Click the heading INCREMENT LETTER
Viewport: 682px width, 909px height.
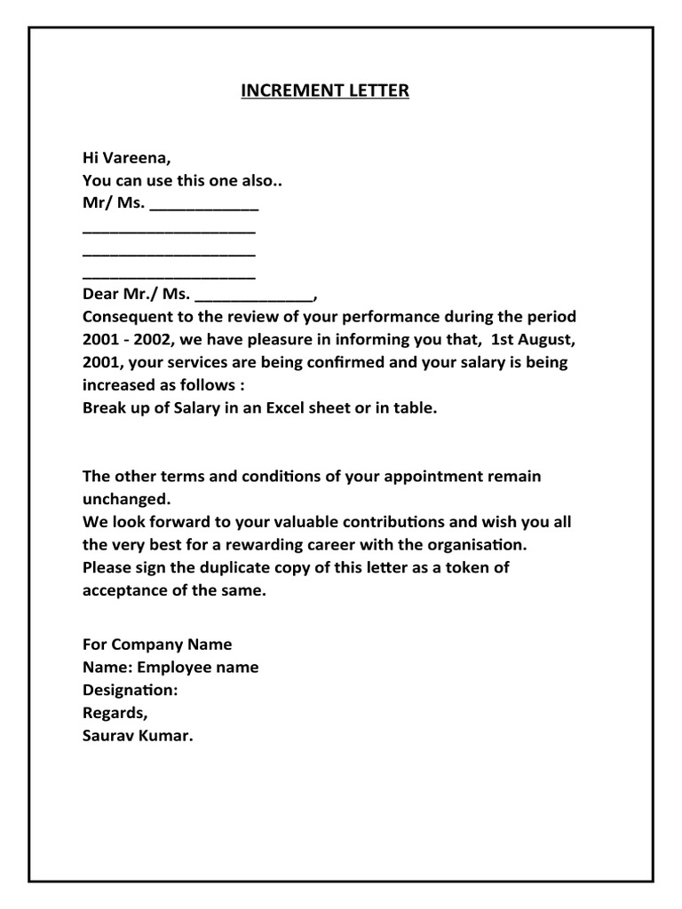click(x=325, y=91)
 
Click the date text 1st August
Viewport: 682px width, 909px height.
click(x=532, y=340)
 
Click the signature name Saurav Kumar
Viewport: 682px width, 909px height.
click(x=137, y=736)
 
